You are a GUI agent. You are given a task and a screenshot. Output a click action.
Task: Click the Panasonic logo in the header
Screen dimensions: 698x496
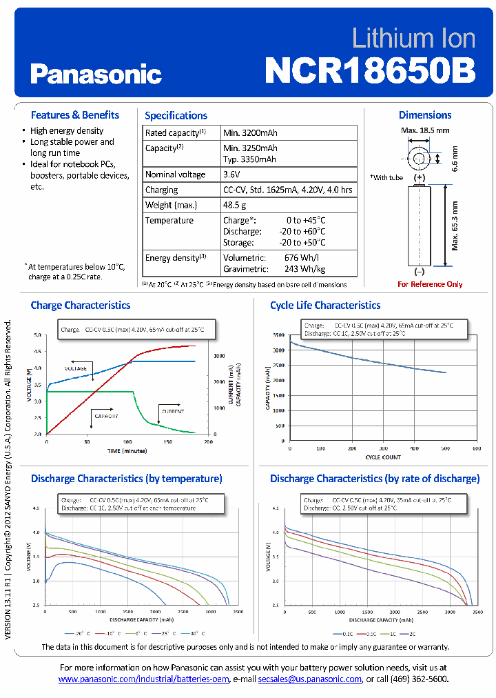[x=96, y=74]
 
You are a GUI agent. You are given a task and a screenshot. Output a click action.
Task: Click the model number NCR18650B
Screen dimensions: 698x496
[x=370, y=70]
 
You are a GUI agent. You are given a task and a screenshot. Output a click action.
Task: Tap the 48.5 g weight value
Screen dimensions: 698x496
[x=235, y=205]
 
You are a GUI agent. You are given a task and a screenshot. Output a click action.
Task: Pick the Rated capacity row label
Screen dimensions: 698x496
[x=175, y=132]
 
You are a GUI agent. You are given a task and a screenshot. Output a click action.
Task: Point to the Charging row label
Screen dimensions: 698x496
[x=161, y=190]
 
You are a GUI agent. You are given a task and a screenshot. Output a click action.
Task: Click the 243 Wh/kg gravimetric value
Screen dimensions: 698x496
[x=304, y=269]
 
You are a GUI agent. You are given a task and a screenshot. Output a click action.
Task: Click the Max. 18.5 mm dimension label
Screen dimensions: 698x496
[x=425, y=130]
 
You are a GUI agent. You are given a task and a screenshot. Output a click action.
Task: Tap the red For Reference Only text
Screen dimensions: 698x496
[x=430, y=284]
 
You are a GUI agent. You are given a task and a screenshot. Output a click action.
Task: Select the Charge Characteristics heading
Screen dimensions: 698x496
[x=80, y=305]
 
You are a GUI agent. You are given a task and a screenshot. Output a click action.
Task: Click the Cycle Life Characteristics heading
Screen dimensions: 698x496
[x=324, y=305]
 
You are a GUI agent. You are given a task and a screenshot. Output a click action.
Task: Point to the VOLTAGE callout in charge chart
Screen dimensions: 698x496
[x=76, y=368]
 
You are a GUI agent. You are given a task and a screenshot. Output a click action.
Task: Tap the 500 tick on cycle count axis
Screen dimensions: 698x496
[x=444, y=449]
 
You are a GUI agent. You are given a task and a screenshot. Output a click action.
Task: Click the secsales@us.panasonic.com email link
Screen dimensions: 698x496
[x=309, y=679]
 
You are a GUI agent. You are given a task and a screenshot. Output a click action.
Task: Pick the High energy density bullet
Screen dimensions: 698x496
[x=67, y=130]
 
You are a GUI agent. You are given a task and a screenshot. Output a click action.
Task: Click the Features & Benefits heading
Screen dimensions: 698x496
[x=74, y=115]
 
